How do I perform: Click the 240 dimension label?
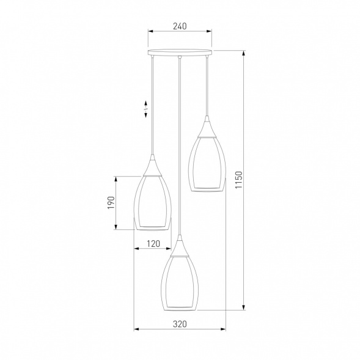click(180, 26)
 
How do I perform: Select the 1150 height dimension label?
click(238, 180)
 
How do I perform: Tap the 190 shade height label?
click(111, 202)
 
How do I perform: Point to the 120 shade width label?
click(153, 244)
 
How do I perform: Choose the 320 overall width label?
click(180, 324)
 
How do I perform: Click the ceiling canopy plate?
click(180, 52)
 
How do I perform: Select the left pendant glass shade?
click(153, 202)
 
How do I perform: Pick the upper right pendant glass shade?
click(207, 164)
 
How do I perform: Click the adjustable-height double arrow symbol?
click(146, 109)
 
